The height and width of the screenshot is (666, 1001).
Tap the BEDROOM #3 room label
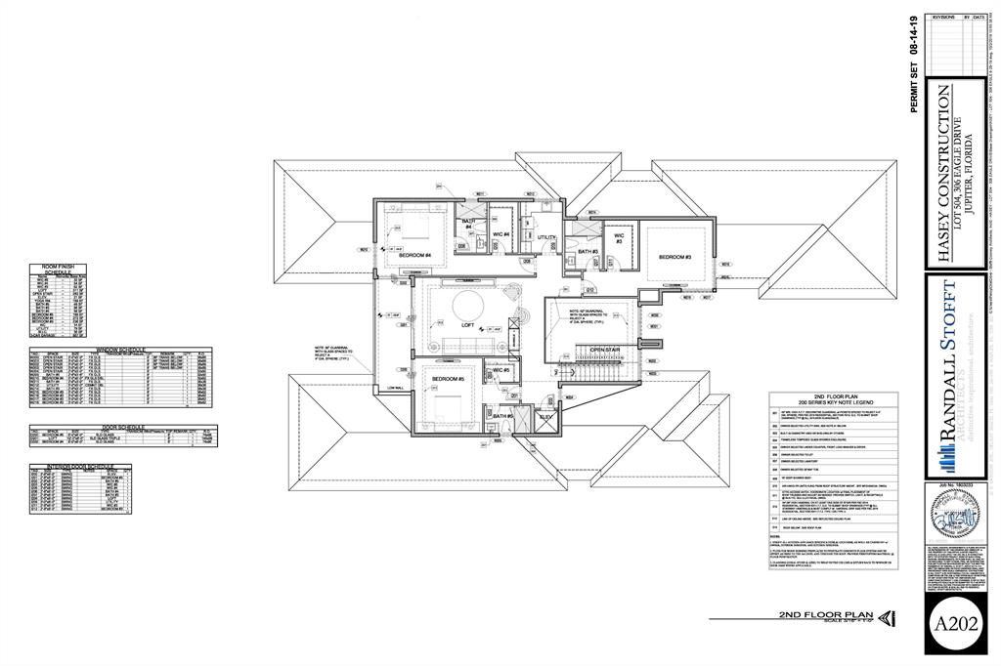pyautogui.click(x=675, y=257)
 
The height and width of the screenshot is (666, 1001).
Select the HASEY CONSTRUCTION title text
pyautogui.click(x=943, y=173)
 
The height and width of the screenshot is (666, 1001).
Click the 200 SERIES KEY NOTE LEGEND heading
pyautogui.click(x=833, y=401)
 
